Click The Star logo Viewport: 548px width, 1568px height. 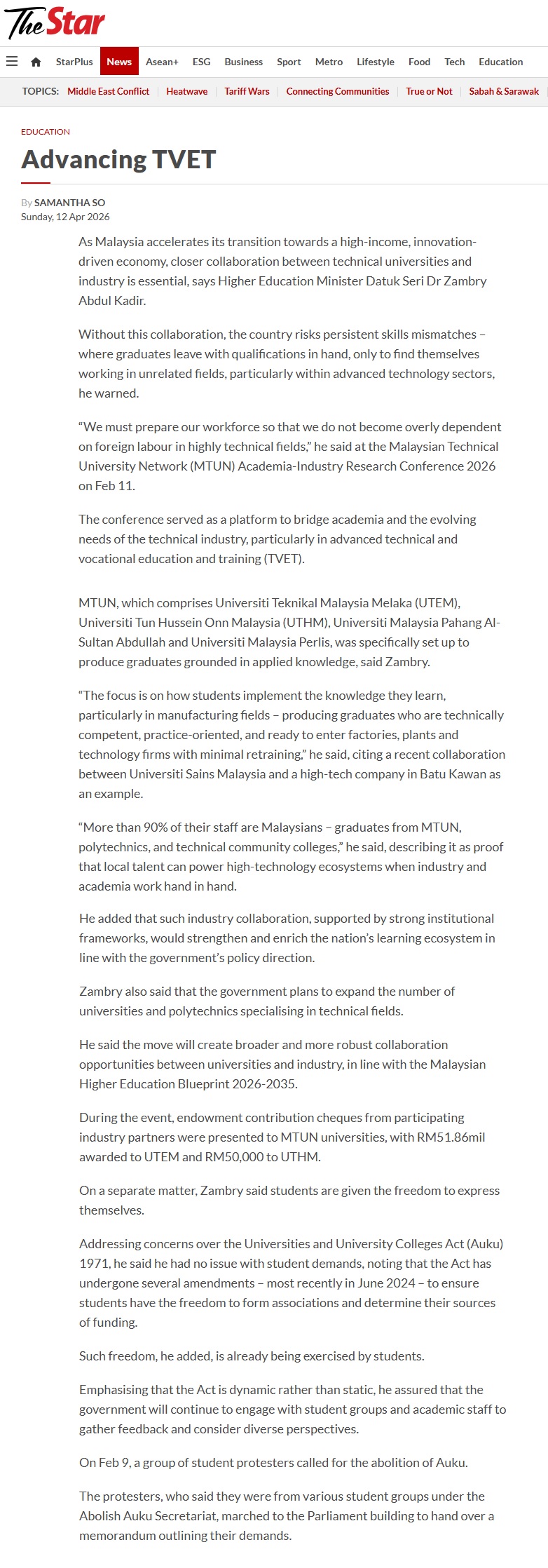tap(55, 22)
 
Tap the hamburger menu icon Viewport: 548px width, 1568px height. tap(12, 62)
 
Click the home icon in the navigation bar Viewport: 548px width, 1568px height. tap(36, 62)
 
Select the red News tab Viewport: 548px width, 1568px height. tap(119, 62)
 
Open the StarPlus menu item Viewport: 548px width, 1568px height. tap(74, 62)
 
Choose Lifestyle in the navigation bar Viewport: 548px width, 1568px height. tap(376, 62)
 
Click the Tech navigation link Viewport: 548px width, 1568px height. tap(454, 62)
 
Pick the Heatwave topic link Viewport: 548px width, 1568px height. tap(186, 91)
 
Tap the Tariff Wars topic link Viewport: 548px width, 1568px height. tap(247, 91)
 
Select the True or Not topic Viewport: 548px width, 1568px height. tap(429, 91)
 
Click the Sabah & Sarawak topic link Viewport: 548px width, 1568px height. tap(504, 91)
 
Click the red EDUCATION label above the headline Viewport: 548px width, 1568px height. tap(46, 132)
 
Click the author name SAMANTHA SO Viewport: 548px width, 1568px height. tap(69, 203)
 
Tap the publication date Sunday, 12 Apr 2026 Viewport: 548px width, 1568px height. tap(65, 217)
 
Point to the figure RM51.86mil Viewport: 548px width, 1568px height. tap(451, 1137)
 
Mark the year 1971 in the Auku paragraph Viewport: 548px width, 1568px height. tap(94, 1263)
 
